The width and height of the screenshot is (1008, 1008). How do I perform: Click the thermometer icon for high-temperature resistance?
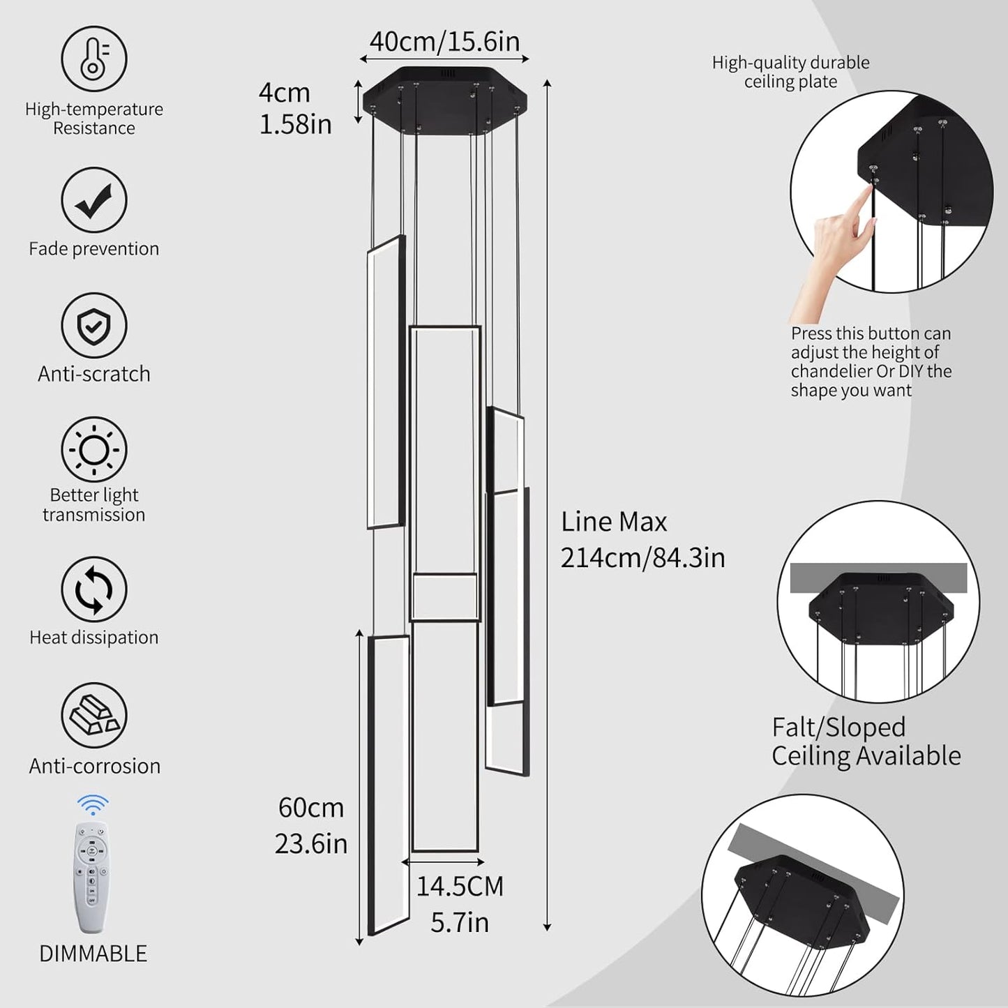click(x=93, y=59)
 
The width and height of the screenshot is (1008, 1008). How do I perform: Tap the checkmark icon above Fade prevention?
click(x=93, y=200)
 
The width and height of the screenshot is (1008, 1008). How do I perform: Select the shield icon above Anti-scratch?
click(x=93, y=326)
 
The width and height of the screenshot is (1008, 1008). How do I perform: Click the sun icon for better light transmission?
click(x=93, y=450)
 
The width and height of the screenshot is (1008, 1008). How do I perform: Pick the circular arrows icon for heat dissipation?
click(x=93, y=589)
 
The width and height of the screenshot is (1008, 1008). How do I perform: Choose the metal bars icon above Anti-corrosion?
click(x=93, y=715)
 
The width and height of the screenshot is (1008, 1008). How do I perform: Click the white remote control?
click(x=91, y=877)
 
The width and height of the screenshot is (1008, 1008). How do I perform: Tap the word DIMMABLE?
click(x=93, y=954)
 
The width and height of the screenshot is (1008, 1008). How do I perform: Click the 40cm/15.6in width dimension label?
click(x=444, y=42)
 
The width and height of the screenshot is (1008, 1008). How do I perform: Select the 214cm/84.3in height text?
click(x=642, y=557)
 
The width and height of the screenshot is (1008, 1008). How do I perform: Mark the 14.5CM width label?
click(x=460, y=887)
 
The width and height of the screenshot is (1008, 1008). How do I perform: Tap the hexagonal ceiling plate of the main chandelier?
click(x=444, y=98)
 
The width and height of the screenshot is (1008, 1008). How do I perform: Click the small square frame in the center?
click(x=444, y=597)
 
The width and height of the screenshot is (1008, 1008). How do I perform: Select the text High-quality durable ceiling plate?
click(x=790, y=72)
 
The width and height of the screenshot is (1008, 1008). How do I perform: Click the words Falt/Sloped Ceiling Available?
click(x=866, y=742)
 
